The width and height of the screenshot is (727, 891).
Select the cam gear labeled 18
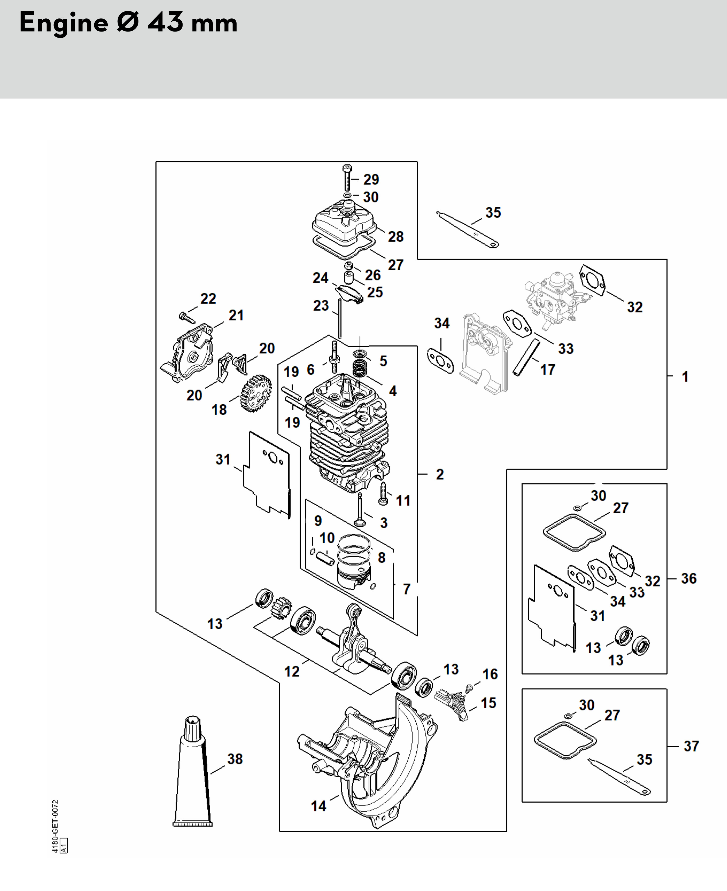(256, 393)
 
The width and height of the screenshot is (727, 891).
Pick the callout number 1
(685, 376)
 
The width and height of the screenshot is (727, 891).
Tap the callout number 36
(689, 579)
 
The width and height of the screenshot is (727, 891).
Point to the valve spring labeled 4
(359, 368)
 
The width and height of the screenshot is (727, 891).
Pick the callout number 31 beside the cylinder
(223, 459)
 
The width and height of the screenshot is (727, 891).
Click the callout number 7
(406, 589)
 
